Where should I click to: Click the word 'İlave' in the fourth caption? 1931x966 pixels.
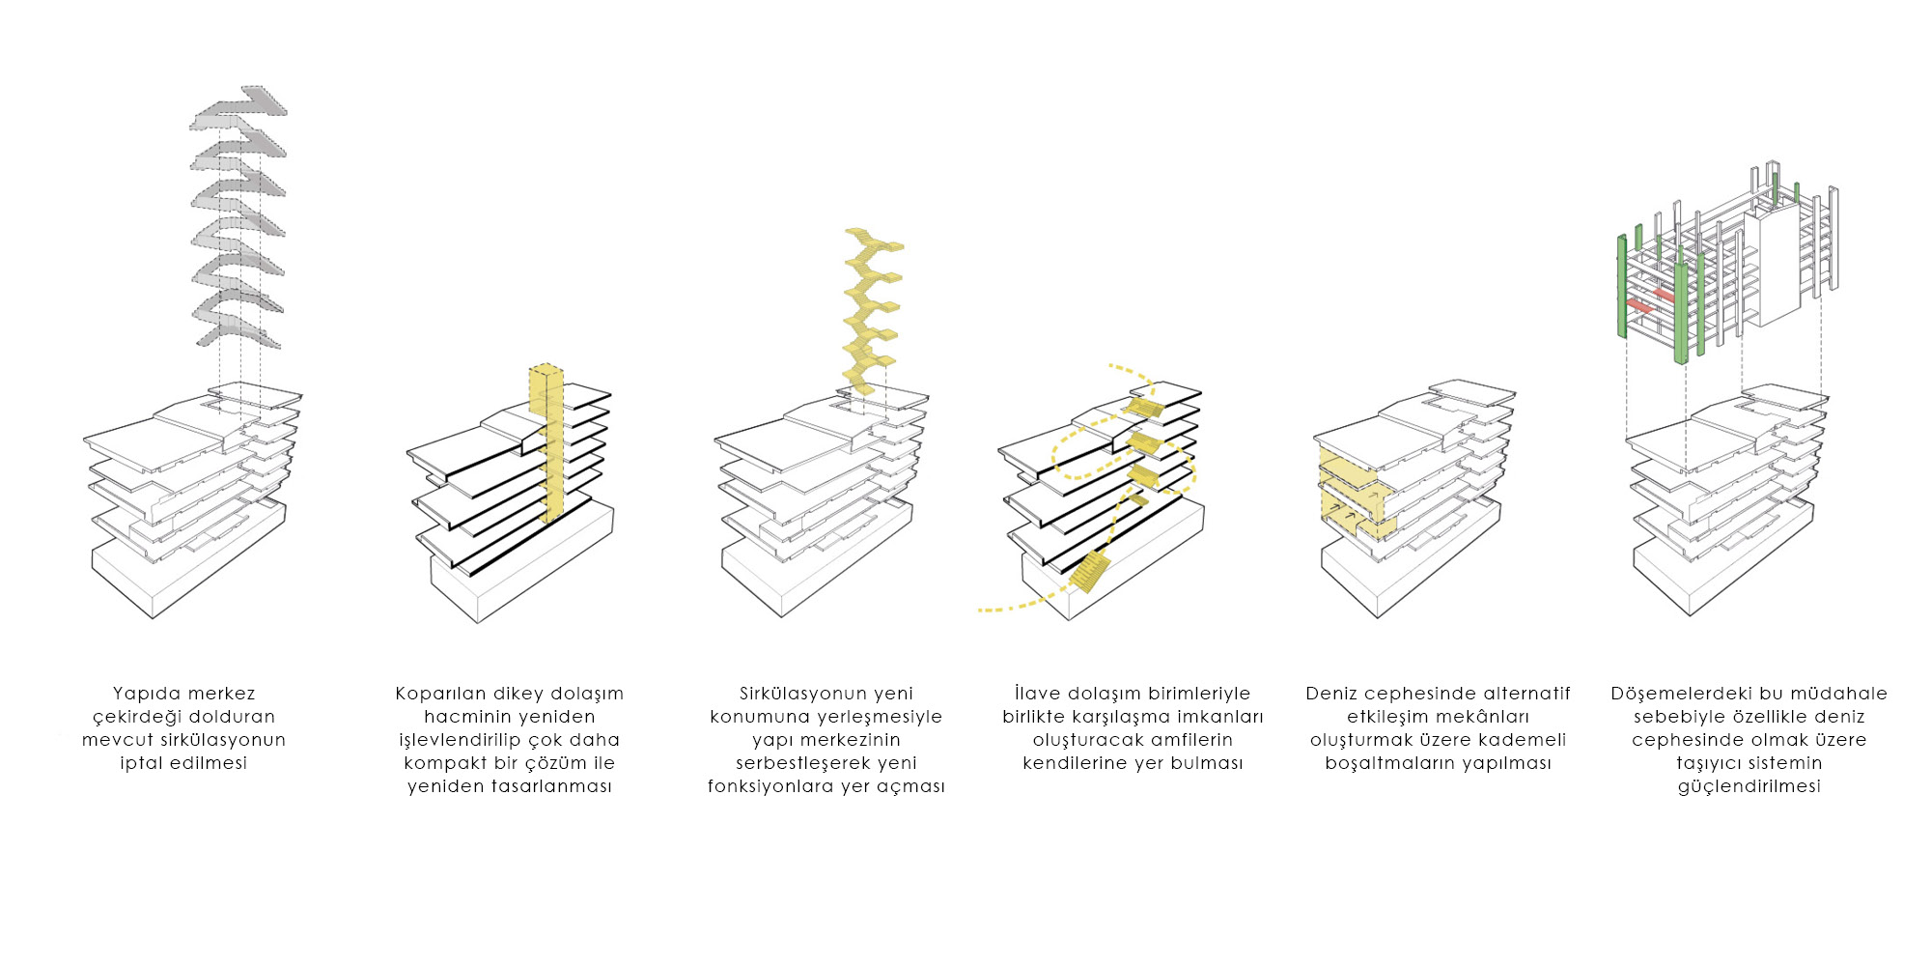point(1039,694)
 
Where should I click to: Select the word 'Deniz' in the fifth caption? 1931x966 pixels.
point(1331,694)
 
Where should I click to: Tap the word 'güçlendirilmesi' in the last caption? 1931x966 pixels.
point(1749,786)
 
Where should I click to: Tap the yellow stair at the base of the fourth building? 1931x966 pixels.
point(1090,571)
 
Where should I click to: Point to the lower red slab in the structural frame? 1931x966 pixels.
point(1640,306)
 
